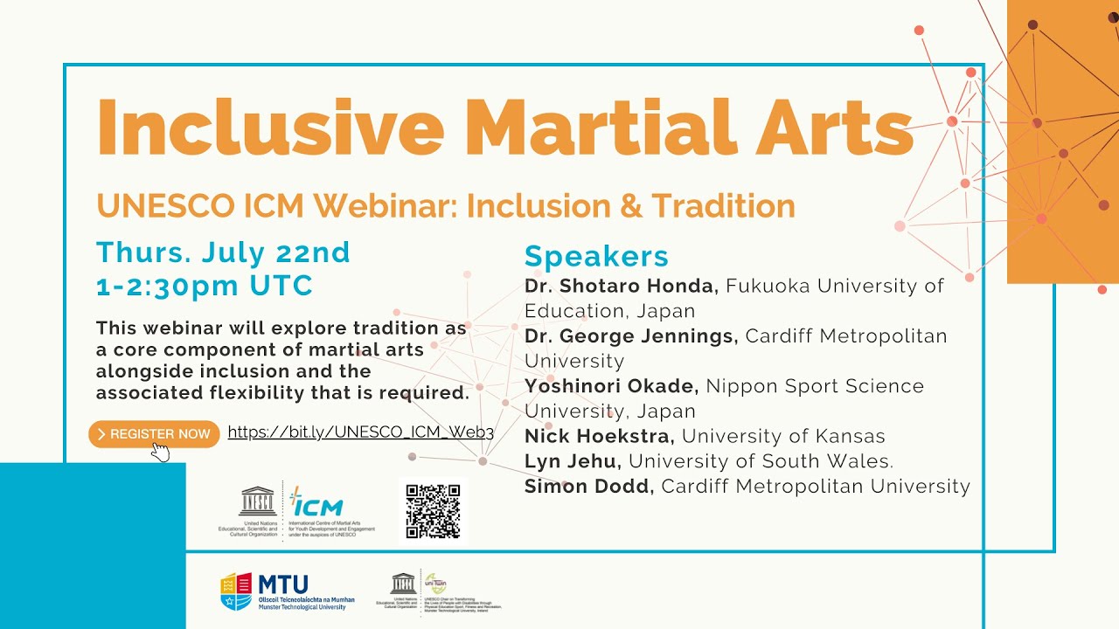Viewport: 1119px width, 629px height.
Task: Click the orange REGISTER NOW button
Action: pyautogui.click(x=154, y=434)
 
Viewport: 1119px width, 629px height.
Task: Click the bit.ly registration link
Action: pyautogui.click(x=360, y=432)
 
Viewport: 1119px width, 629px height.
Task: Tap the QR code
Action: pyautogui.click(x=433, y=511)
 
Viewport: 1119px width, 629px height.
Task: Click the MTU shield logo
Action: pyautogui.click(x=236, y=591)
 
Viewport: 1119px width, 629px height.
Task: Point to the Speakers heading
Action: pyautogui.click(x=596, y=257)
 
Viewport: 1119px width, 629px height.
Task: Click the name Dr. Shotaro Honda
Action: pyautogui.click(x=621, y=286)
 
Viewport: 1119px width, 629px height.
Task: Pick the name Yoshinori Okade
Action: pyautogui.click(x=611, y=386)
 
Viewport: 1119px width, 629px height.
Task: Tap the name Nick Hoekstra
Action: pyautogui.click(x=599, y=436)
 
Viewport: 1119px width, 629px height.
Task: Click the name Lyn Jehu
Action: pyautogui.click(x=573, y=461)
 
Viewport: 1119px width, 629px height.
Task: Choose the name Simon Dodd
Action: pyautogui.click(x=588, y=487)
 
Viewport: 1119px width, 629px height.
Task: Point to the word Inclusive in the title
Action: pyautogui.click(x=270, y=127)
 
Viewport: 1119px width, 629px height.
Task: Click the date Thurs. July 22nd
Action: pyautogui.click(x=223, y=252)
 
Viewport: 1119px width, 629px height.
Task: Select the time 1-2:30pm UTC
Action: pyautogui.click(x=205, y=287)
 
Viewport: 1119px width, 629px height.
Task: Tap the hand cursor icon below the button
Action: pyautogui.click(x=160, y=452)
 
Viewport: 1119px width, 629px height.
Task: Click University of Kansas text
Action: pyautogui.click(x=783, y=436)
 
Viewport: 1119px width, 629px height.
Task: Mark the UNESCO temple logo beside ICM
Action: pyautogui.click(x=257, y=501)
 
